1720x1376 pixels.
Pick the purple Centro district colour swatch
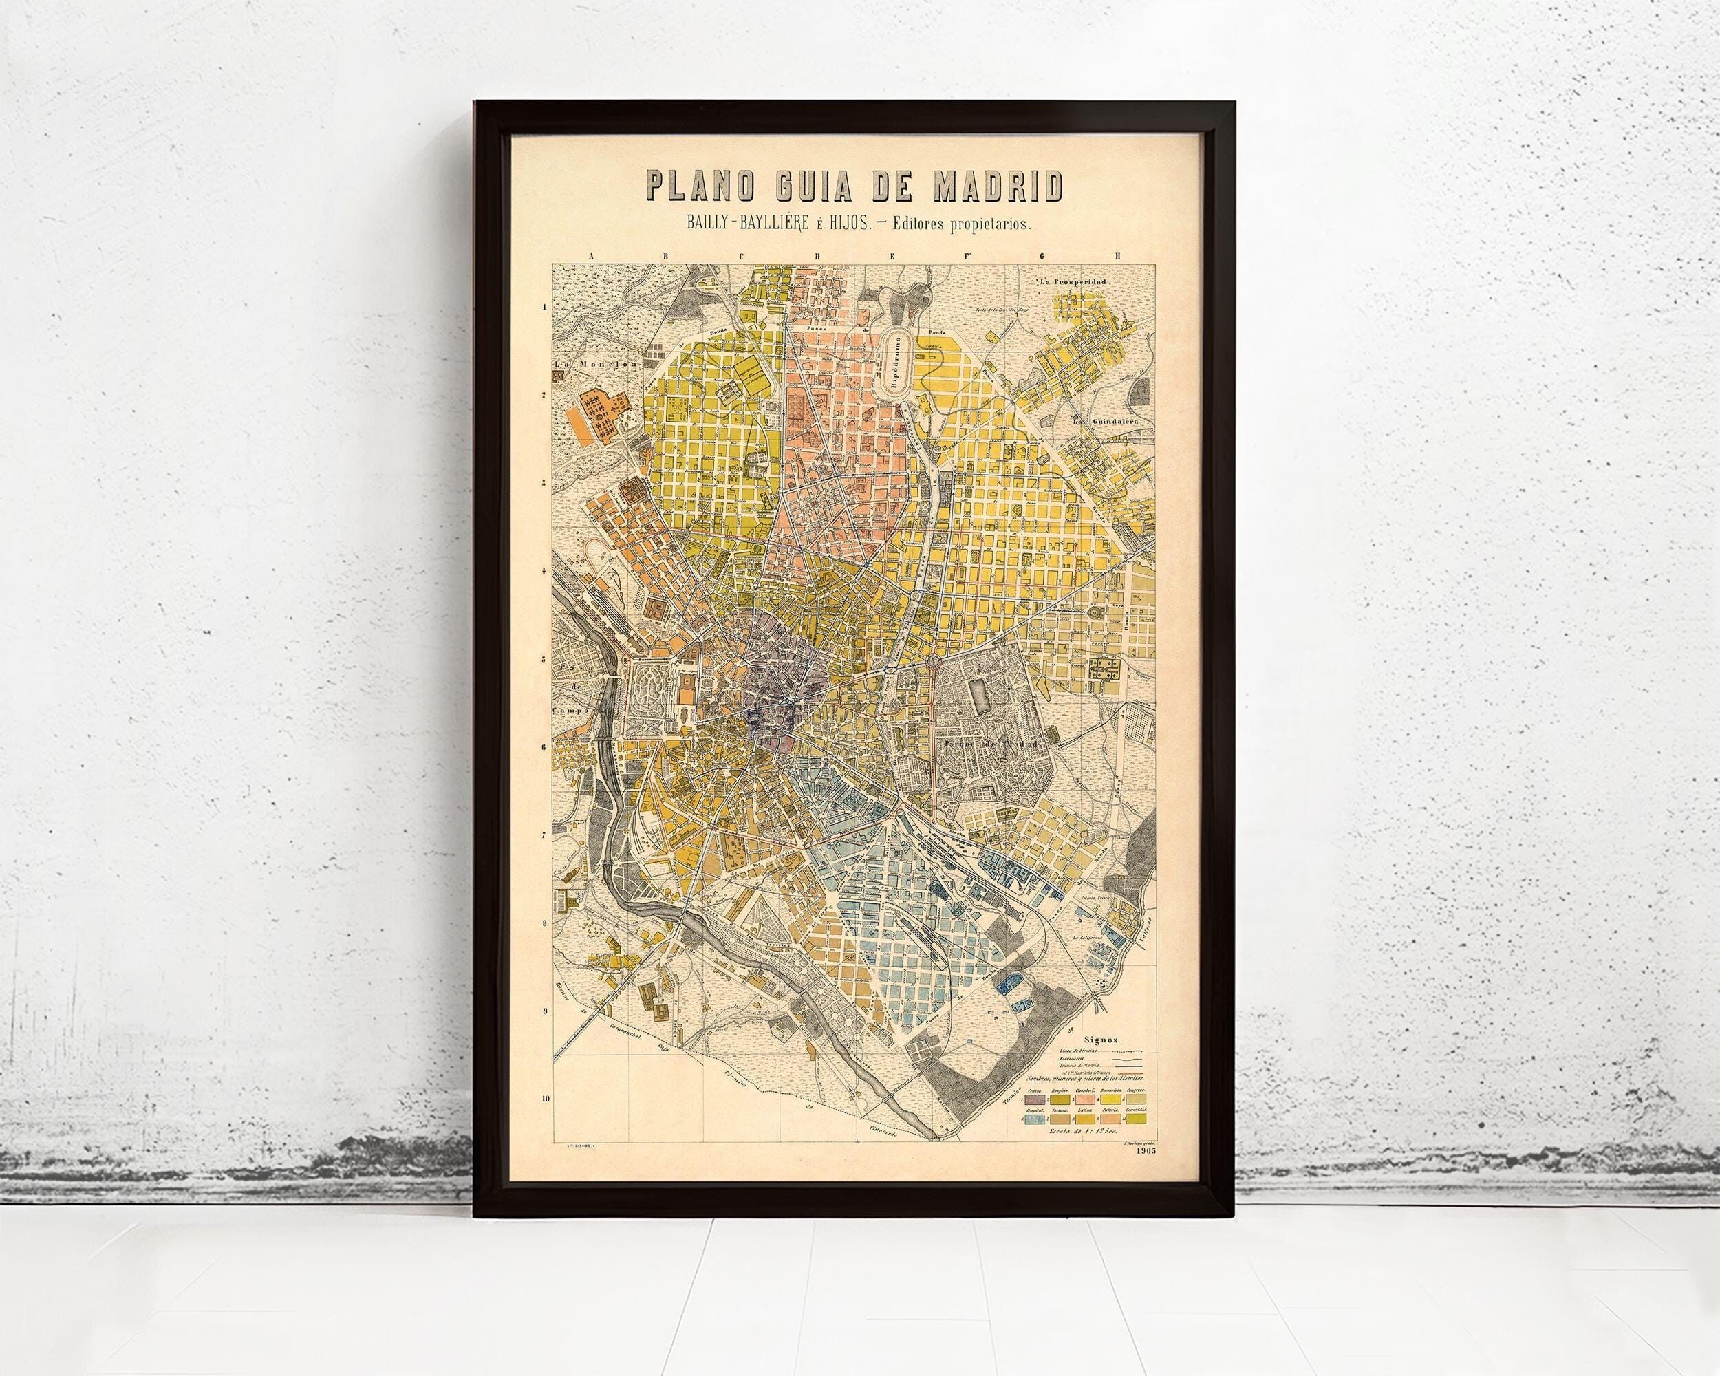pos(1035,1100)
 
